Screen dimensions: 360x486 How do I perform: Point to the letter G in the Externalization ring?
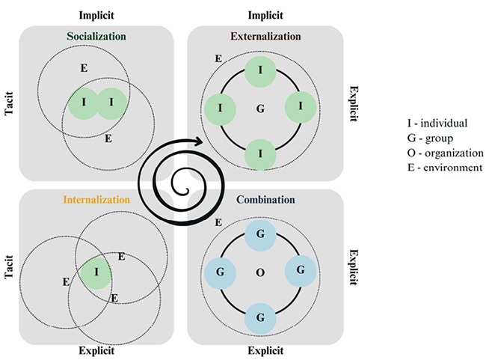[260, 109]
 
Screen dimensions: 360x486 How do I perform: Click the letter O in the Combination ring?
[260, 272]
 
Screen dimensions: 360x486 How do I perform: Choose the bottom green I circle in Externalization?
[260, 154]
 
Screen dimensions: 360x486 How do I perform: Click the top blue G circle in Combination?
[260, 234]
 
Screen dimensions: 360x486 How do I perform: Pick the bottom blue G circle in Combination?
[260, 317]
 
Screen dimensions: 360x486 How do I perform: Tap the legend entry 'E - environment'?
[440, 168]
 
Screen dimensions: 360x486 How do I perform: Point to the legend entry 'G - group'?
[428, 138]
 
